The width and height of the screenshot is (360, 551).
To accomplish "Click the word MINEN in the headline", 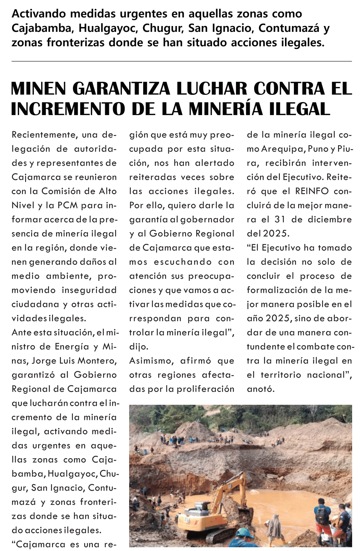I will coord(38,89).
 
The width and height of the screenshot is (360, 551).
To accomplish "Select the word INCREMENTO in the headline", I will coord(68,109).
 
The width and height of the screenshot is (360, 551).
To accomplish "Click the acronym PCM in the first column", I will coord(68,205).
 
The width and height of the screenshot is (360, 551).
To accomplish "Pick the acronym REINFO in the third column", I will coord(312,191).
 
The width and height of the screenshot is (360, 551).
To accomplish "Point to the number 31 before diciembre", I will coord(280,220).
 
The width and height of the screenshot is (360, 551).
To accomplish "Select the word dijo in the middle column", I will coord(139,347).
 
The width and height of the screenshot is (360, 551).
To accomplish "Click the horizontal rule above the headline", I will coord(182,61).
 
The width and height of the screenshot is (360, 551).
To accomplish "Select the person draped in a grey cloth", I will coord(274,527).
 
